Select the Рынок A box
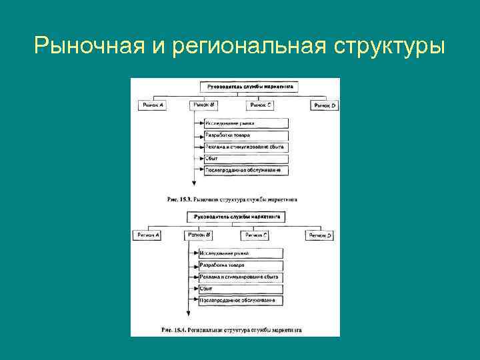(x=153, y=105)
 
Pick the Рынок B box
(x=203, y=105)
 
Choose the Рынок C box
(x=262, y=105)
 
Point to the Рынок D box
(x=325, y=105)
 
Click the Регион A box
(x=148, y=235)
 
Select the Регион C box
(x=256, y=235)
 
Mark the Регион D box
(x=320, y=235)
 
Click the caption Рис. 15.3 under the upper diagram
(x=233, y=199)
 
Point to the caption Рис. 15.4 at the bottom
(x=231, y=329)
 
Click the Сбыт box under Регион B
(x=241, y=289)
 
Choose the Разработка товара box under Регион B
(x=241, y=265)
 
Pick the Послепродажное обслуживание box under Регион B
(x=241, y=301)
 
